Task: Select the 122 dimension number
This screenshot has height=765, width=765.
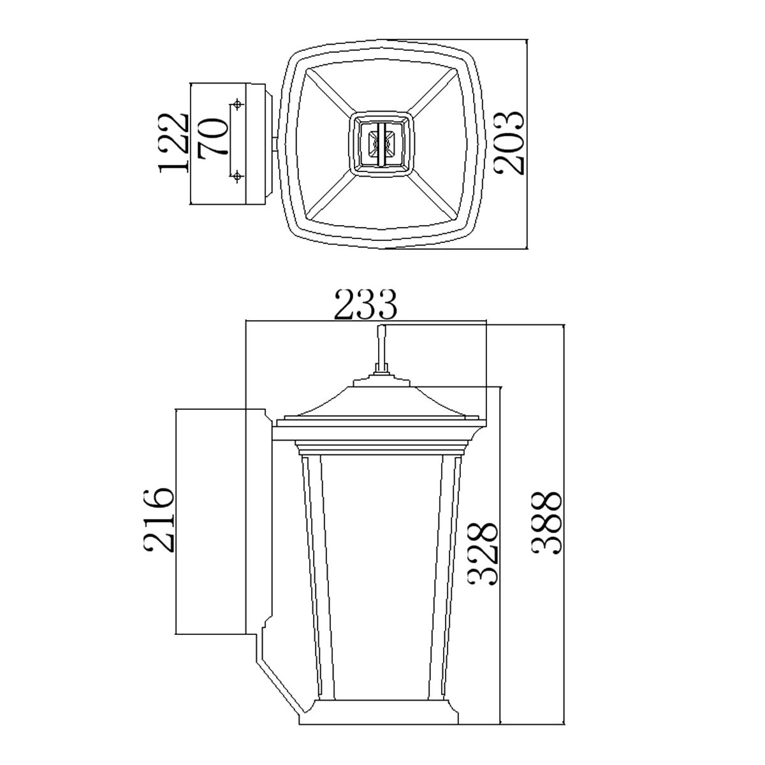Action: [174, 143]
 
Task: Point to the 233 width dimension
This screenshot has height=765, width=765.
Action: [366, 305]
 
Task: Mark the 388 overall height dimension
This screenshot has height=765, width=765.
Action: [546, 523]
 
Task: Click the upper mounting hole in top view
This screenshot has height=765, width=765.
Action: [238, 103]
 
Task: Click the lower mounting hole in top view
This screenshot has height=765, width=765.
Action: [238, 175]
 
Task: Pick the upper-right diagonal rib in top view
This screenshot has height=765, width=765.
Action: [440, 89]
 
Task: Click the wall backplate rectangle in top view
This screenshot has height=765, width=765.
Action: [220, 143]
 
